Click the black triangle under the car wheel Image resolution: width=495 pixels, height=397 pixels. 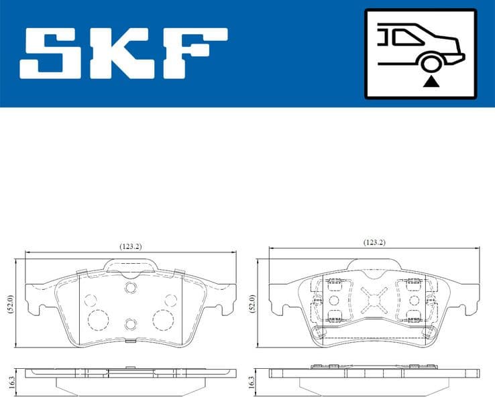pyautogui.click(x=431, y=82)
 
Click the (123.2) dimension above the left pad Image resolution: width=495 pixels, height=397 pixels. pyautogui.click(x=130, y=246)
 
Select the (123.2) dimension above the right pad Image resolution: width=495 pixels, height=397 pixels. pyautogui.click(x=374, y=242)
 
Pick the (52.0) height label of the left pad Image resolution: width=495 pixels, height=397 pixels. pyautogui.click(x=9, y=307)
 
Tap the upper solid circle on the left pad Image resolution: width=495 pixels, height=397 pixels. pyautogui.click(x=130, y=287)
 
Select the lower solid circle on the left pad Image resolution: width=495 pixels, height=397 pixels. pyautogui.click(x=130, y=325)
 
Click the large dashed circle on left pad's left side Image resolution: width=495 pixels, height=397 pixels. pyautogui.click(x=99, y=319)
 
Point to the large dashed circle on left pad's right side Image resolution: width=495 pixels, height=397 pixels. pyautogui.click(x=162, y=319)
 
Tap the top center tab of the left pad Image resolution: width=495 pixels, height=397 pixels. pyautogui.click(x=130, y=266)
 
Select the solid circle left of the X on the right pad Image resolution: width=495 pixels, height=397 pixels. pyautogui.click(x=333, y=299)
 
